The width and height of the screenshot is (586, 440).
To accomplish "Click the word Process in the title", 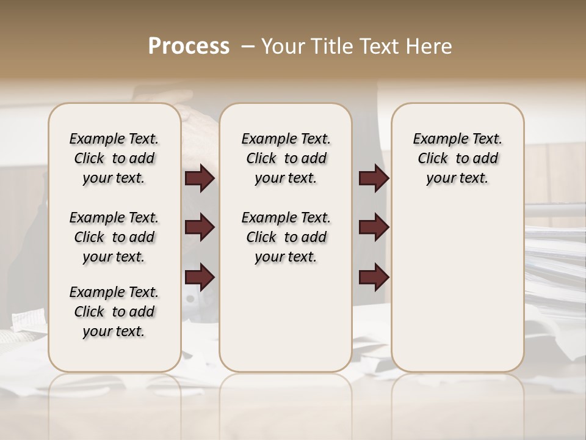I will pos(189,46).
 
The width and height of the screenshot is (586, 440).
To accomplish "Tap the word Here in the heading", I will pos(427,46).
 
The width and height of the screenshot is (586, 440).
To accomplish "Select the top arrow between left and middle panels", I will pos(200,178).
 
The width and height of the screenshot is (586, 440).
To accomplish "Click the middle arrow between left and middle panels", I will pos(200,228).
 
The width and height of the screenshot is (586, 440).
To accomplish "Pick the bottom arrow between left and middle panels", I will pos(200,277).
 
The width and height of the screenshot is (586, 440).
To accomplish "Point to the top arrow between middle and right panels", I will pos(374,178).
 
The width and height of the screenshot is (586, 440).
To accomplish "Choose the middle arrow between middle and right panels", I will pos(374,228).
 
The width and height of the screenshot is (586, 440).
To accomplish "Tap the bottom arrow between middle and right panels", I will pos(374,277).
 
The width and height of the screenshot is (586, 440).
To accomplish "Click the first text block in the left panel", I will pos(114,158).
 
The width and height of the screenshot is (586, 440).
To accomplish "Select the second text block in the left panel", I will pos(114,237).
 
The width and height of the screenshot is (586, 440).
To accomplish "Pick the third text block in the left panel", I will pos(114,312).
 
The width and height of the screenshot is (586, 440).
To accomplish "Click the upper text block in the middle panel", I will pos(286,158).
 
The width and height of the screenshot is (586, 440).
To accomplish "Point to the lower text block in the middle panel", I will pos(286,237).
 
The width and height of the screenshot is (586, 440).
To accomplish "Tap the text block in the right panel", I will pos(458,158).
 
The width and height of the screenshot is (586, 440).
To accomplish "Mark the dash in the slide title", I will pos(248,46).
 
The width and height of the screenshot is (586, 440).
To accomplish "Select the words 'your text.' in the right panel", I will pos(458,178).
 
